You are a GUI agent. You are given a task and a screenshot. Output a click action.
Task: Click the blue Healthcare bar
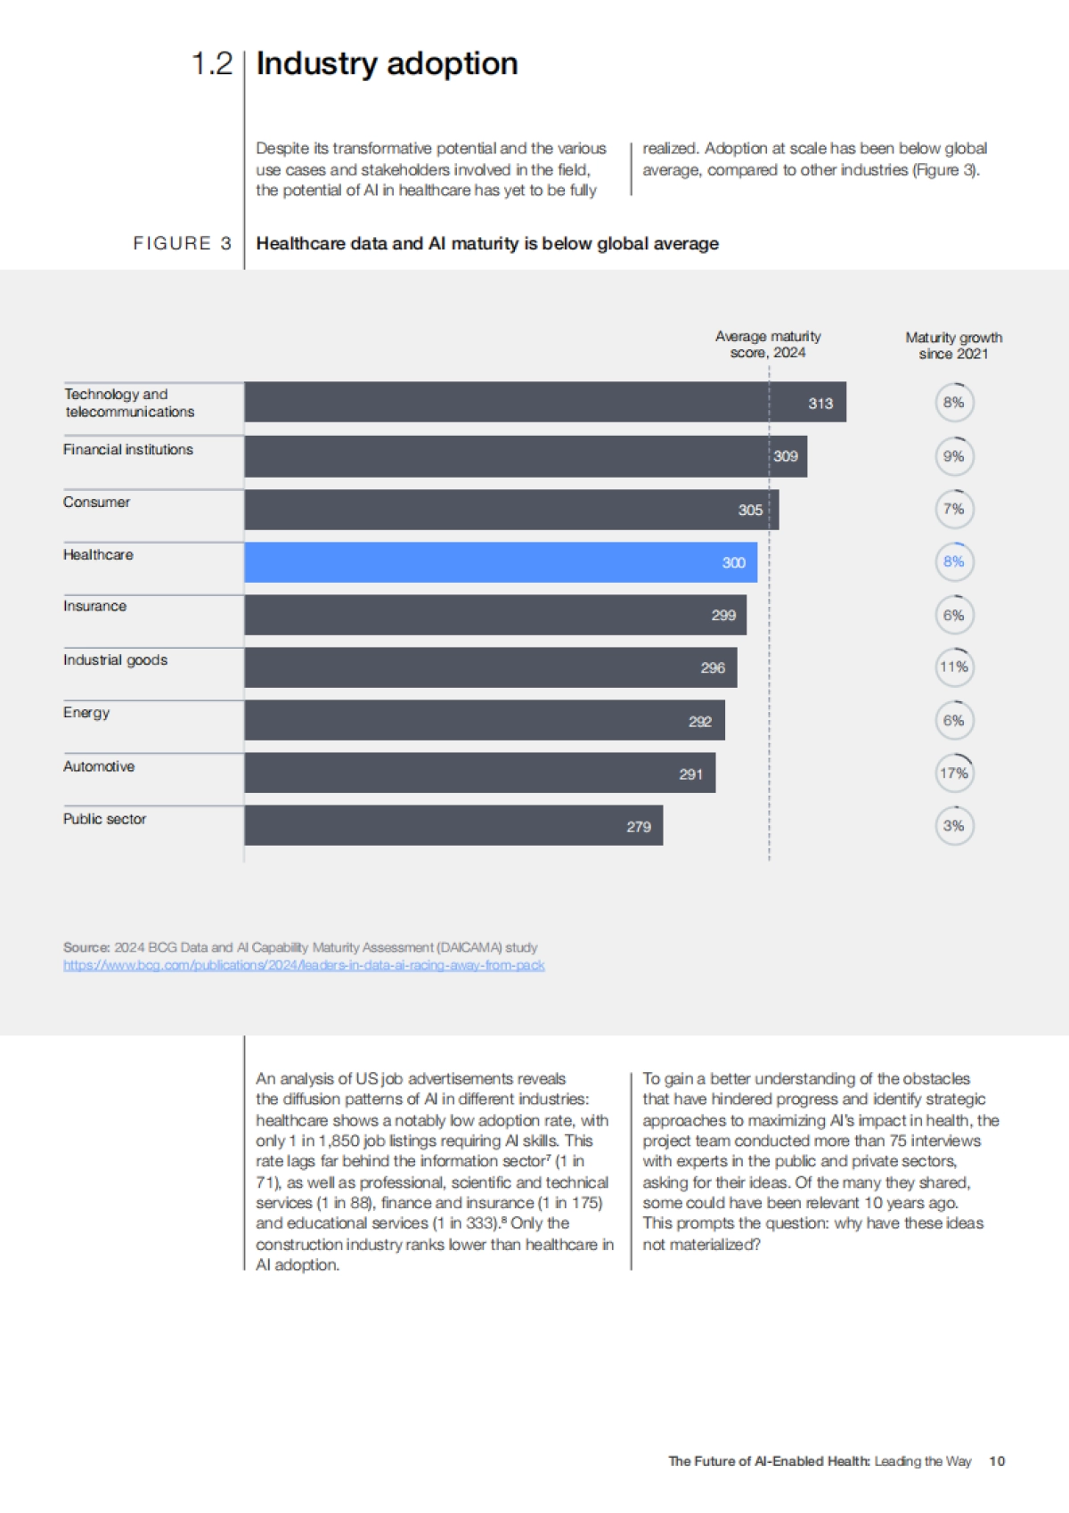500,562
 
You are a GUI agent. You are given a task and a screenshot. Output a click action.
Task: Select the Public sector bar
453,826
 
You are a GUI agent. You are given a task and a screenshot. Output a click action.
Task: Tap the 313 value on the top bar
820,404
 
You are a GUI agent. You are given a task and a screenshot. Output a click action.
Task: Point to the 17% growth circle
954,773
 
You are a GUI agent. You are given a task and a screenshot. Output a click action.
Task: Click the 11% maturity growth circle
954,667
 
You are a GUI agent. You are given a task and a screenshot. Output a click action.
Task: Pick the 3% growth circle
954,826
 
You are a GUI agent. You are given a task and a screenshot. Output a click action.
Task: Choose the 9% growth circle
954,456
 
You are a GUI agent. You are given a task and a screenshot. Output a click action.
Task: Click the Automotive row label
99,766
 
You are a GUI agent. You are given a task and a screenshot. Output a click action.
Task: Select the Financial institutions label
128,450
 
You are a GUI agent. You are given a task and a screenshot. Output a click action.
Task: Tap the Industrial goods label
115,660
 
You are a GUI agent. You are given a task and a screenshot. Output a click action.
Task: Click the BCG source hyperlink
304,965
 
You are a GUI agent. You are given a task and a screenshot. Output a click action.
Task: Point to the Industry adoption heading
387,64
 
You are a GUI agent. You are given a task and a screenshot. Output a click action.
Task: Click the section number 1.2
212,64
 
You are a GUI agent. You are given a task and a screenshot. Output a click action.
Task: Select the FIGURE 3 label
183,243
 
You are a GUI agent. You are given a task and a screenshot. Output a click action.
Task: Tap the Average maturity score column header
768,344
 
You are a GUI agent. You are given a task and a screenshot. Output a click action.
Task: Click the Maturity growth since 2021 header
954,345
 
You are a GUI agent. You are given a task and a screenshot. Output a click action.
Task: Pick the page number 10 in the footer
997,1461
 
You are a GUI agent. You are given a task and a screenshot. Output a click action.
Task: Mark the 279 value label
639,827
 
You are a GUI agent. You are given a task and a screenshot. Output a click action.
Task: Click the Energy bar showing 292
484,721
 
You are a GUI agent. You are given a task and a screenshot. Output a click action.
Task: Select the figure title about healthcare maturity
487,243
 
